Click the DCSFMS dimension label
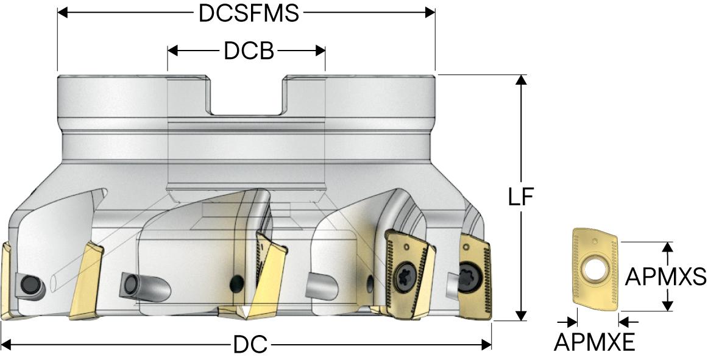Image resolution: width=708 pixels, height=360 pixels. [x=249, y=13]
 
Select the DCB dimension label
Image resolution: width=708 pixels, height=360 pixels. [x=249, y=51]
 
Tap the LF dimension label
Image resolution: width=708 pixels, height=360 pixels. [x=521, y=197]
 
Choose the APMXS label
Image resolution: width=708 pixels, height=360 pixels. [x=666, y=277]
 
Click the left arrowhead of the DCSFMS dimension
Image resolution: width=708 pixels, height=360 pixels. [x=62, y=13]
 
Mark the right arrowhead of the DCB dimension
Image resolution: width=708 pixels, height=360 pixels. [x=320, y=51]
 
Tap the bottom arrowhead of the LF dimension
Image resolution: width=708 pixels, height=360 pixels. [x=521, y=315]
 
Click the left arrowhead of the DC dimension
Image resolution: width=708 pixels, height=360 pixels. [x=6, y=345]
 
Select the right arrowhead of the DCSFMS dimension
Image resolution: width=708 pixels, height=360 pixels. [x=431, y=13]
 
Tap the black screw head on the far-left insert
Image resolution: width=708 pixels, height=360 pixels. [x=29, y=284]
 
